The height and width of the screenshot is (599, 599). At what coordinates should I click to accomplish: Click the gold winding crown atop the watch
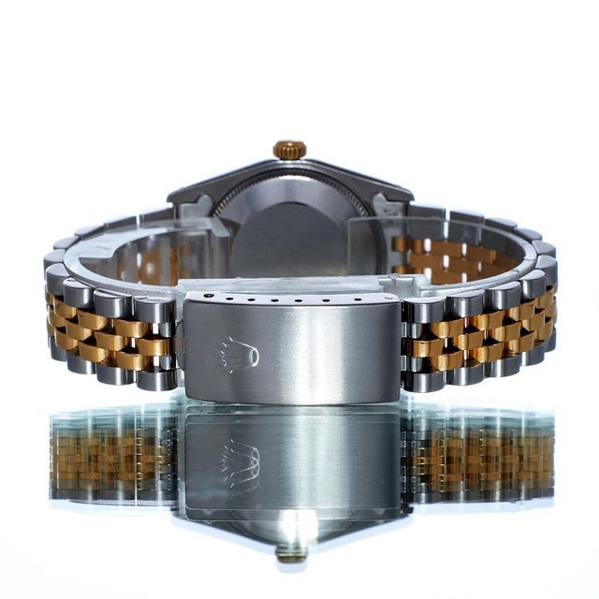289,150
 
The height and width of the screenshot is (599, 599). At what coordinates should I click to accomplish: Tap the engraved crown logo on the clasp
239,355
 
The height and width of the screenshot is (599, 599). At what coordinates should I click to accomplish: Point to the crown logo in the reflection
239,463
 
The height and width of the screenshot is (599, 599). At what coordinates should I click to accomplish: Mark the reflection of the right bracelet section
477,459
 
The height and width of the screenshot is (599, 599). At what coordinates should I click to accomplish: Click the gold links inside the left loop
159,262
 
